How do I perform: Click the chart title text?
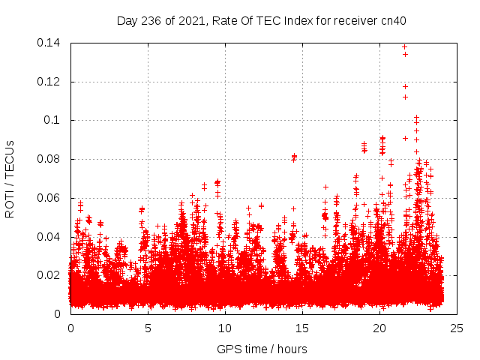coord(261,21)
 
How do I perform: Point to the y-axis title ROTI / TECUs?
coord(10,178)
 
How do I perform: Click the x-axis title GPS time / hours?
coord(262,349)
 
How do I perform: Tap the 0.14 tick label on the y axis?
coord(50,43)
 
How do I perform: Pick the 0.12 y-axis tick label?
coord(50,82)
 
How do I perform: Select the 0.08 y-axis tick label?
coord(50,159)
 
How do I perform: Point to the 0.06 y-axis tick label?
coord(50,198)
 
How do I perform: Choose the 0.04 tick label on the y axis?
coord(50,237)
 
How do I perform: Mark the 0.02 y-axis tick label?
coord(50,275)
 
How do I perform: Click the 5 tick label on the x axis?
coord(148,328)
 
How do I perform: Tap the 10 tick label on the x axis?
coord(225,328)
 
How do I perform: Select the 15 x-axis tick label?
coord(302,328)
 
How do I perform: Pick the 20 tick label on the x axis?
coord(379,328)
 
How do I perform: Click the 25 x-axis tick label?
coord(457,328)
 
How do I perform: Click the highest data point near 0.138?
coord(404,47)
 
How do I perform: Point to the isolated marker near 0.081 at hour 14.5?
coord(294,157)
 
